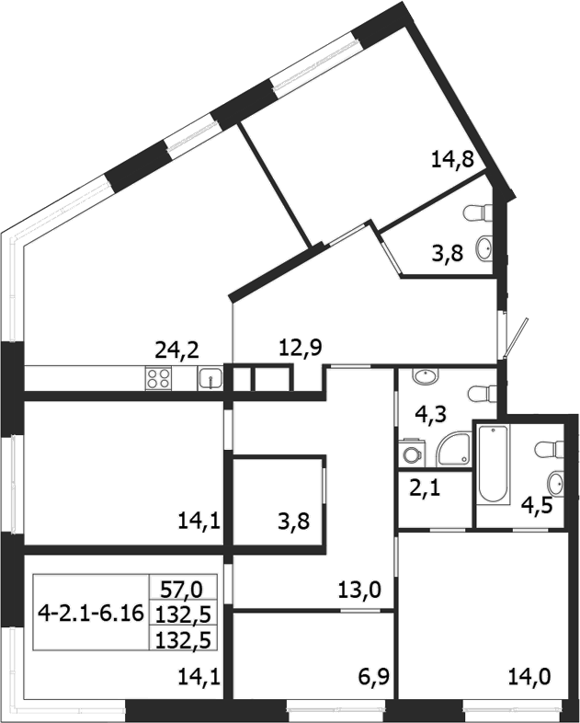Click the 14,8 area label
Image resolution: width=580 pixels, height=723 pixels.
[x=452, y=160]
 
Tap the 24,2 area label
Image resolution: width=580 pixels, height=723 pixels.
[x=177, y=349]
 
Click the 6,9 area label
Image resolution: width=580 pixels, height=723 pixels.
[x=371, y=682]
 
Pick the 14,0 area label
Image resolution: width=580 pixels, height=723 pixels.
[x=531, y=682]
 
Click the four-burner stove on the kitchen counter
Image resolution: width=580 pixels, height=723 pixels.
[x=159, y=378]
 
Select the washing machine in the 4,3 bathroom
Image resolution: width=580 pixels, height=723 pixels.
[x=411, y=453]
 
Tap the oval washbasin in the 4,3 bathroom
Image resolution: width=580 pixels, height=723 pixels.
[x=425, y=377]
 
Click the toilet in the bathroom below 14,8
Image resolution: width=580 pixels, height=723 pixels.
[x=477, y=213]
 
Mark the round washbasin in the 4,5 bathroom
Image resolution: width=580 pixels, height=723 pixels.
[x=553, y=484]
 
